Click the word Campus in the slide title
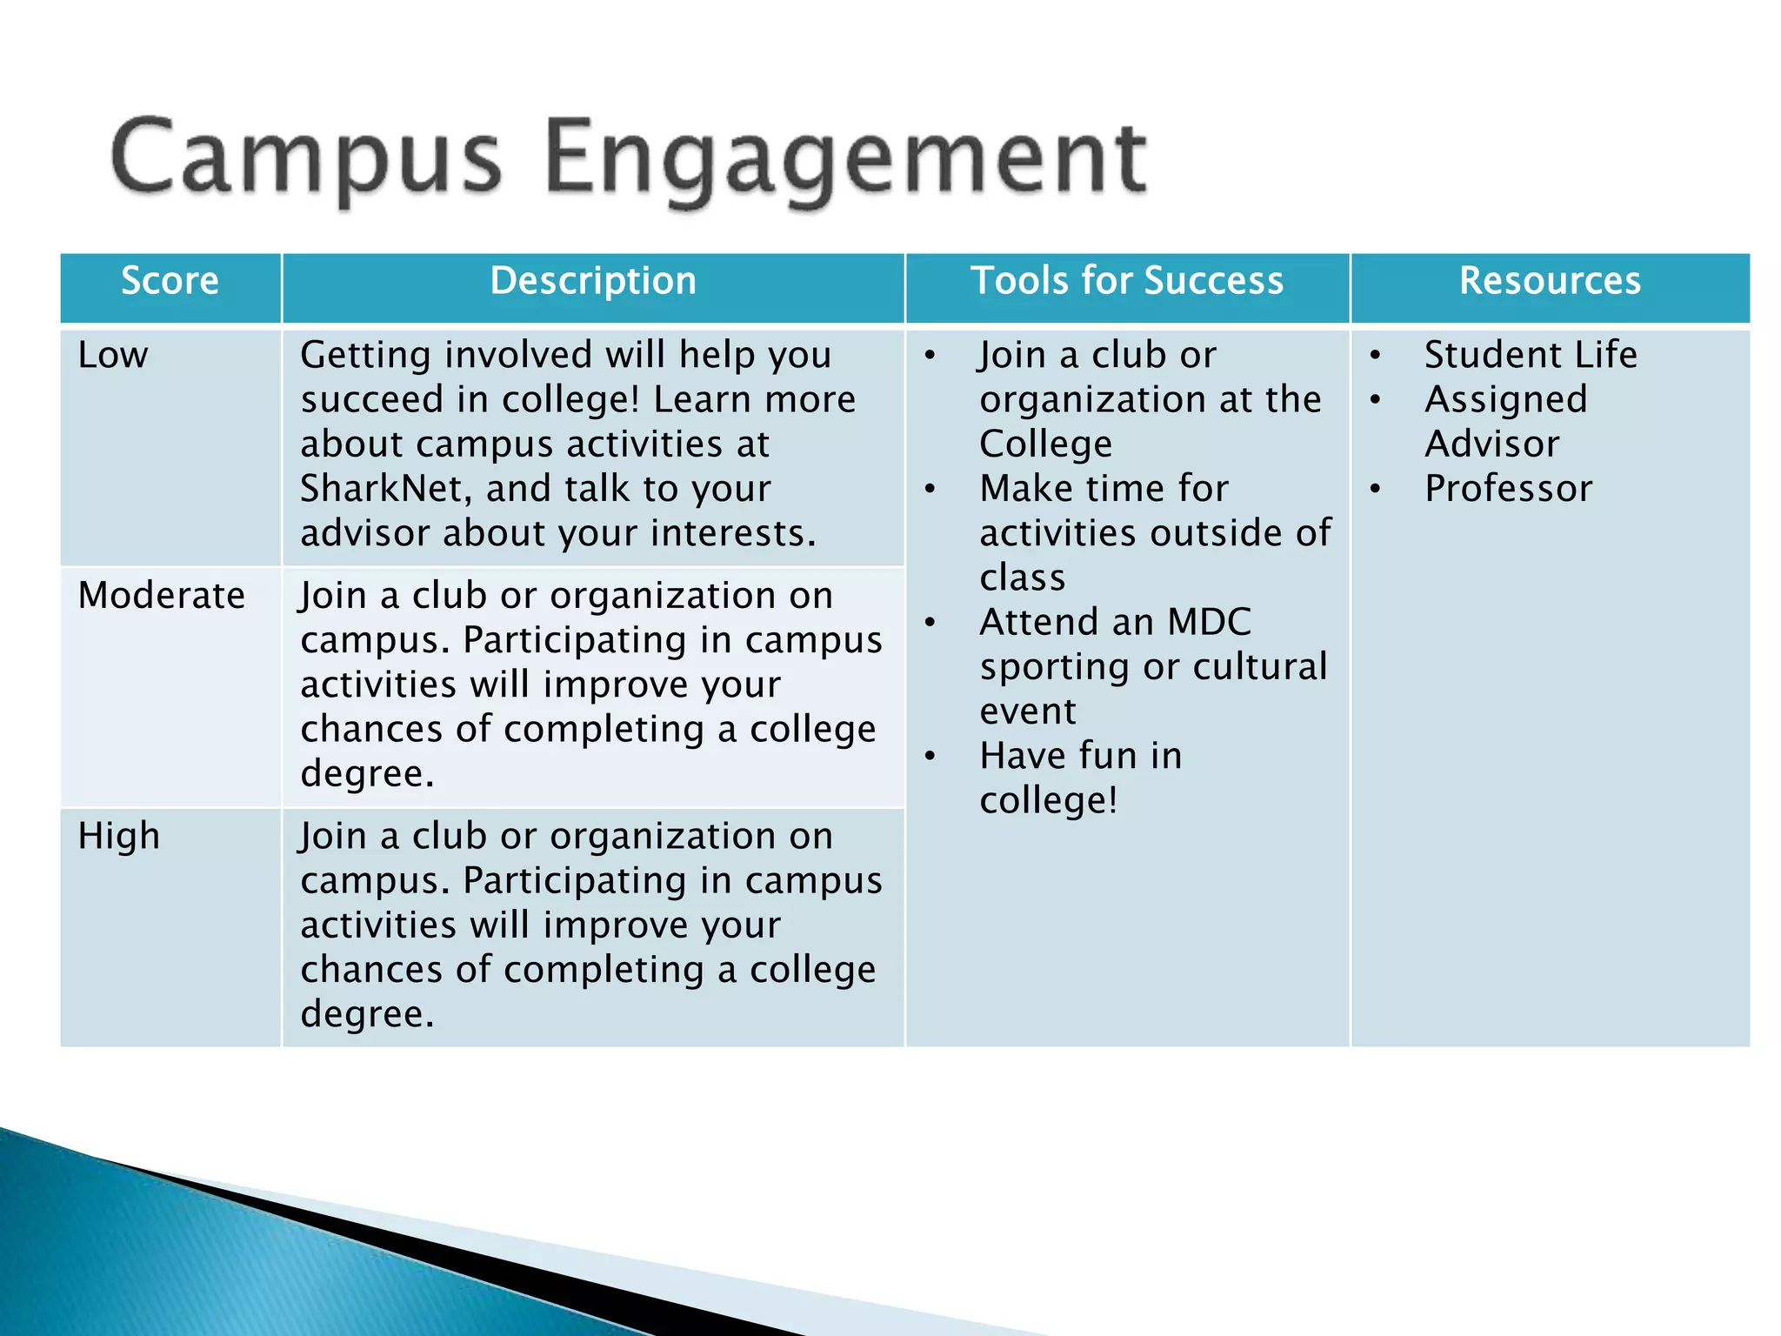click(x=306, y=158)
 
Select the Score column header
click(x=170, y=281)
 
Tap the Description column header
click(x=593, y=281)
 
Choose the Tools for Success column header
click(x=1127, y=281)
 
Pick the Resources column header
click(x=1550, y=281)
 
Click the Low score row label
click(x=113, y=355)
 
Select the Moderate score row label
click(x=162, y=596)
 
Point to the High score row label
click(x=119, y=836)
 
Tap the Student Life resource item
click(x=1531, y=355)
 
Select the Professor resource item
click(x=1508, y=489)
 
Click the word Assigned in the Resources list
click(x=1506, y=399)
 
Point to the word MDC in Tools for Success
click(x=1209, y=623)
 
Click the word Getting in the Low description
click(x=366, y=355)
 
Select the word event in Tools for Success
click(x=1028, y=711)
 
